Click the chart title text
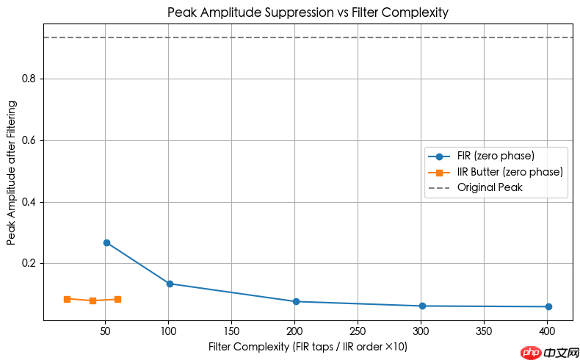[308, 12]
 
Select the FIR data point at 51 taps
[106, 242]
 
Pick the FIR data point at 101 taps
[170, 284]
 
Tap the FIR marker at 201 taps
[296, 301]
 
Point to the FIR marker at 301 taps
[422, 306]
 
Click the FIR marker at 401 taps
[548, 306]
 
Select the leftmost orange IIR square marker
[67, 299]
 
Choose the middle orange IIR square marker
[93, 300]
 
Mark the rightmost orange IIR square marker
[117, 299]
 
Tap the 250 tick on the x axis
[358, 331]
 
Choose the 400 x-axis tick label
[547, 331]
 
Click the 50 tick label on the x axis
[105, 331]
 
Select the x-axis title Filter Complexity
[308, 346]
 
